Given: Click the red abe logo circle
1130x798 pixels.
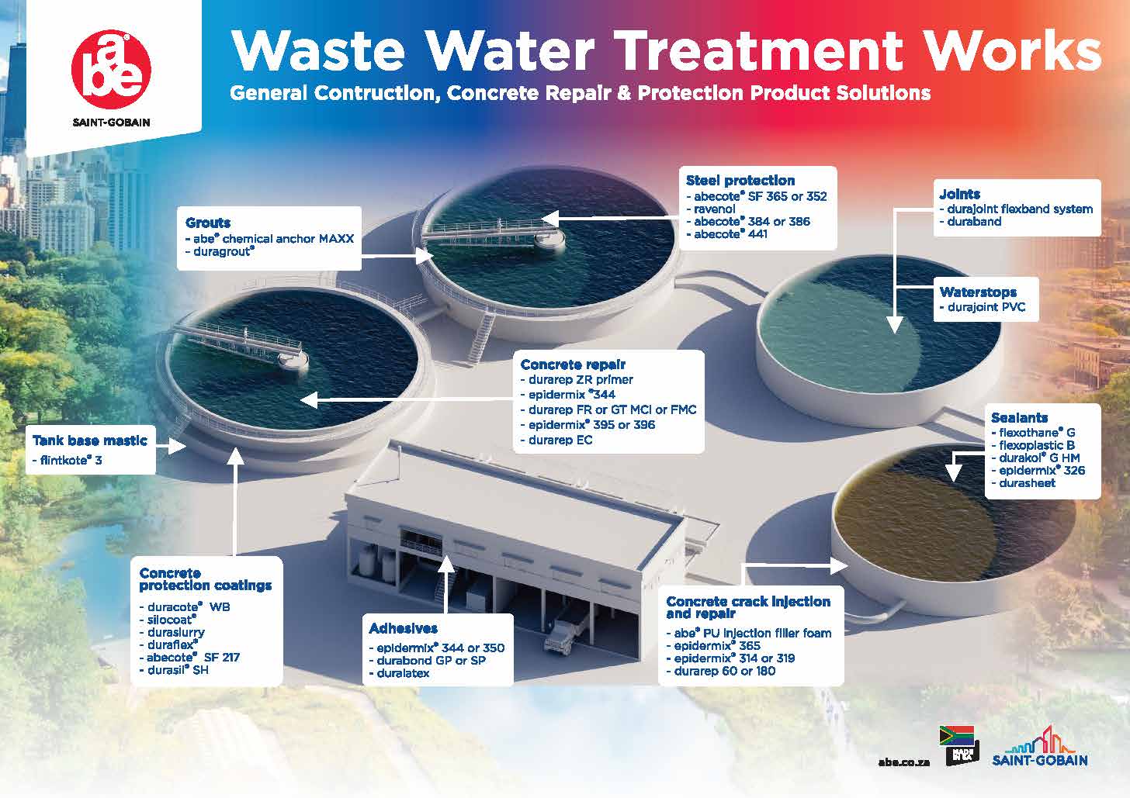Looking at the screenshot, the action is click(111, 70).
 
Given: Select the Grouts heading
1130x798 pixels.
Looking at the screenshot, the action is click(208, 223).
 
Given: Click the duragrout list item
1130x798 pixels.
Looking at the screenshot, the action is click(220, 251).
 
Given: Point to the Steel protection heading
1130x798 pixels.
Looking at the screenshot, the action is click(740, 181).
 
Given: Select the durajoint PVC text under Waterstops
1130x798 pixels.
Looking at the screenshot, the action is click(983, 307).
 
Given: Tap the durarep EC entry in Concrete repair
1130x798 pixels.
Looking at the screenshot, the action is click(556, 440).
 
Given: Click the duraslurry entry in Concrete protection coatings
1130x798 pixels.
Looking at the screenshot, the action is click(172, 632).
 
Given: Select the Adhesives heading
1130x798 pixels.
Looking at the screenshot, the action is click(403, 628).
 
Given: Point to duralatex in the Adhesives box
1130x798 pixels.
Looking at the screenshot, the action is click(399, 673).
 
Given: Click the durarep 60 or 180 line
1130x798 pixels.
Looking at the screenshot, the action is click(721, 671).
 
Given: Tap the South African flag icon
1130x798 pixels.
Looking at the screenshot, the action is click(957, 735).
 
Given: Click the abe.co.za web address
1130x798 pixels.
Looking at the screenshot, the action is click(904, 762).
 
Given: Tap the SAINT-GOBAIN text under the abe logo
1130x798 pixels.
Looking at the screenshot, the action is click(111, 123).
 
